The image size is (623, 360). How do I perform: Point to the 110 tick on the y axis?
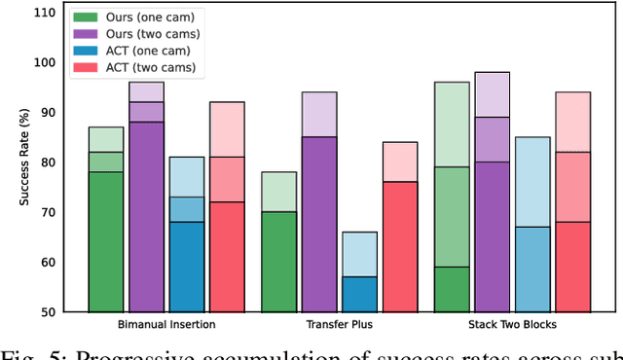(x=44, y=14)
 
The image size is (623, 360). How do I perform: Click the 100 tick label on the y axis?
(x=44, y=63)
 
